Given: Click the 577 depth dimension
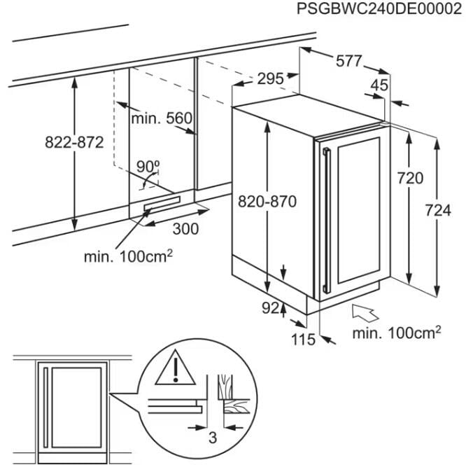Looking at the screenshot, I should pos(348,62).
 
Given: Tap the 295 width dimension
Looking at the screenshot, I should pos(270,79).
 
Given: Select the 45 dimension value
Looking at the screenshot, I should pos(379,85).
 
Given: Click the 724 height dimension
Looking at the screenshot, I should pos(439,210).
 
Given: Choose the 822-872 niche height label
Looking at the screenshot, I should pos(74,142).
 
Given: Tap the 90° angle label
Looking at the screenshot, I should pos(148,166).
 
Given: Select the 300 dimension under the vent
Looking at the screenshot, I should pos(185,229).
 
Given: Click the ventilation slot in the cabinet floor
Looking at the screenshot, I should pos(161,204).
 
